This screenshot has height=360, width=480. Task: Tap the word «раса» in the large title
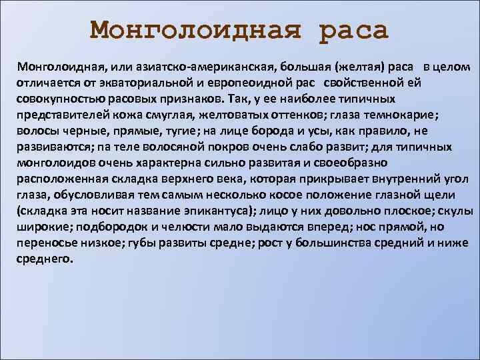(353, 30)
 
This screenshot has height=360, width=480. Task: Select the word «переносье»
(47, 243)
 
